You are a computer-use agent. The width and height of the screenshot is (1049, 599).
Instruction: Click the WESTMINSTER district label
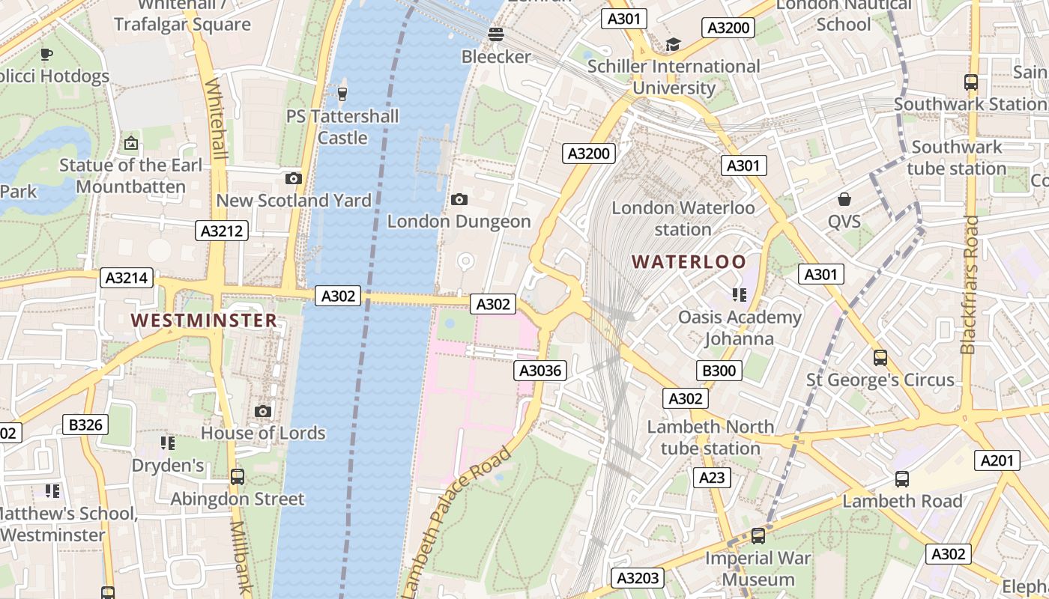point(205,320)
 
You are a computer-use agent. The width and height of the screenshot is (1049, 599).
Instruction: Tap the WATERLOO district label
point(689,261)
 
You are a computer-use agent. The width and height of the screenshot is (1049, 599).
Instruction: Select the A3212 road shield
point(223,231)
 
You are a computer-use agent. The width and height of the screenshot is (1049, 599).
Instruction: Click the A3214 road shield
point(127,278)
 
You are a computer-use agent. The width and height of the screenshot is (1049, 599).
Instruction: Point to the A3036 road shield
point(540,370)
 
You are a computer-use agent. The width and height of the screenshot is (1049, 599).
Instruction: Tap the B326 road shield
point(85,425)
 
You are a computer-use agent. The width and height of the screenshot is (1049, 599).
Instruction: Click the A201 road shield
point(997,460)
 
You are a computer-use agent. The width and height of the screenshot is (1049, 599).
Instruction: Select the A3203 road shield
point(638,577)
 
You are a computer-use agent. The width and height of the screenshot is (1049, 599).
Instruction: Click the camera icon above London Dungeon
point(459,199)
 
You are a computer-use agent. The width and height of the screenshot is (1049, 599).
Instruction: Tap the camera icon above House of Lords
point(263,411)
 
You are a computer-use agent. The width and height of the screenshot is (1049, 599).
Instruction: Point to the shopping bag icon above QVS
point(844,199)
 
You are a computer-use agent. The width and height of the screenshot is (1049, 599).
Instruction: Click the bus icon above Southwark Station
point(971,82)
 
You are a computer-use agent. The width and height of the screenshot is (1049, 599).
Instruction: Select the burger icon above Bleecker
point(495,34)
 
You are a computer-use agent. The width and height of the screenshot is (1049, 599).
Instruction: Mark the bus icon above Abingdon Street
point(238,476)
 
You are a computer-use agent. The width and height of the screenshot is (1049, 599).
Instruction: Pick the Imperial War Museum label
point(758,569)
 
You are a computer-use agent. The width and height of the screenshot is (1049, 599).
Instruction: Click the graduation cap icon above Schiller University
point(673,44)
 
